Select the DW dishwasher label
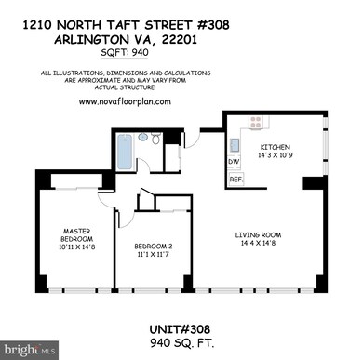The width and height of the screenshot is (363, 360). tap(235, 161)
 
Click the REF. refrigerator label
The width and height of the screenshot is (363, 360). tap(235, 179)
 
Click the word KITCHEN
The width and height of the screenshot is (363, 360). tap(276, 148)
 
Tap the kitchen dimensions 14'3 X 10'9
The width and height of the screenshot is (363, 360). tap(276, 156)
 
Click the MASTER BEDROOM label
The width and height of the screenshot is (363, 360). tap(76, 234)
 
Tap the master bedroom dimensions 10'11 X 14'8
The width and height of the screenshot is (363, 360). tap(76, 247)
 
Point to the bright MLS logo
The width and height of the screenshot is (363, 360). tap(28, 349)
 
